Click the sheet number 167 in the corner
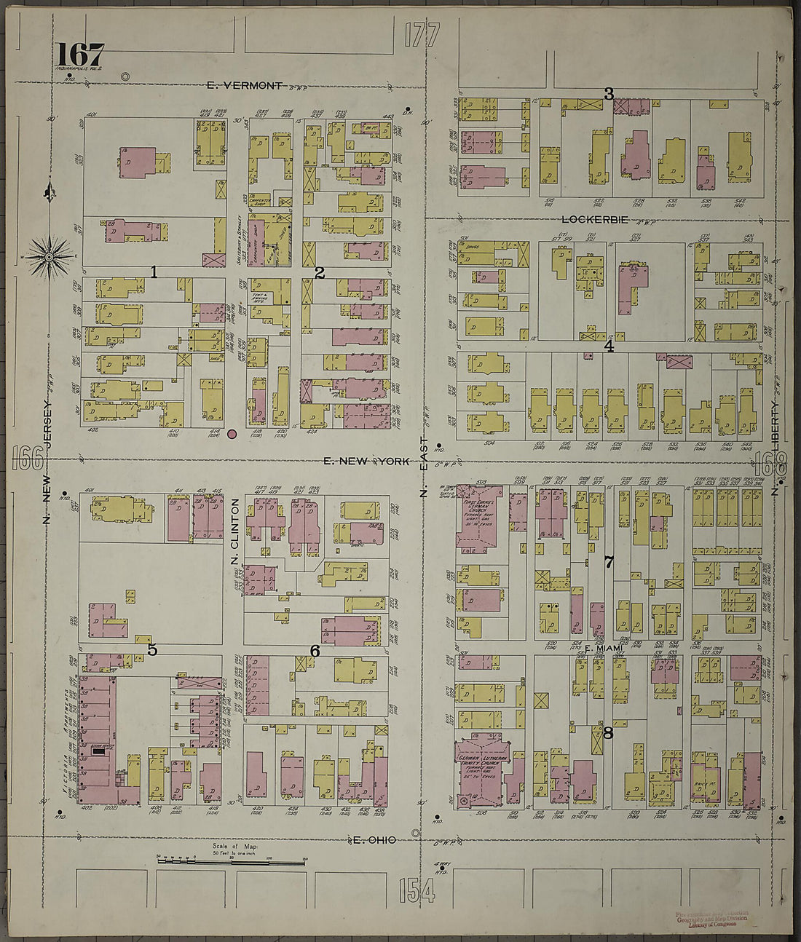pos(79,54)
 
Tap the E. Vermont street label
pos(244,85)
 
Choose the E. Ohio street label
pos(374,840)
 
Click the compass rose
pos(50,256)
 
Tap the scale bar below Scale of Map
pos(231,863)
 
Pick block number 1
pos(154,272)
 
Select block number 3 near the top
pos(609,93)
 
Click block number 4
pos(609,347)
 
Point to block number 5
pos(152,649)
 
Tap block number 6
pos(315,651)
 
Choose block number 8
pos(608,733)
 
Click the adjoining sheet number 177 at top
pos(422,35)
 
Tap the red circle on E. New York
pos(232,434)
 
